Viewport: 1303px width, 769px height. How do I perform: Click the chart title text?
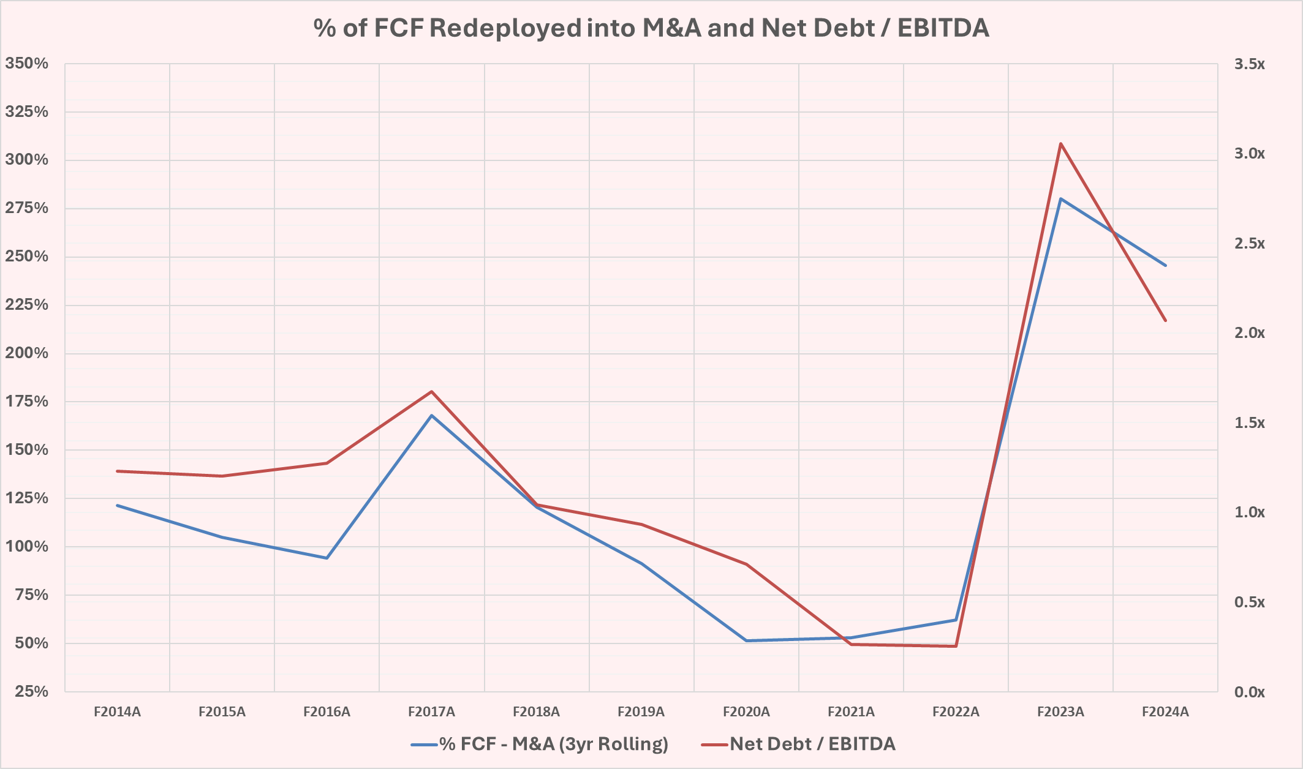651,28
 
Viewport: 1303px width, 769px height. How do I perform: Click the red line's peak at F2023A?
1060,144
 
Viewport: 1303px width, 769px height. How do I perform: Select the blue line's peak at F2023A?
1060,198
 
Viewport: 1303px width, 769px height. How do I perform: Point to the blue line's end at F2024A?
1165,266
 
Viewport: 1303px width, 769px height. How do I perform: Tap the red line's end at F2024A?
1165,320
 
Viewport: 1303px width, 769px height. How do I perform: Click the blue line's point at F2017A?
432,416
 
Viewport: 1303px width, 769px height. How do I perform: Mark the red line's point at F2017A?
432,391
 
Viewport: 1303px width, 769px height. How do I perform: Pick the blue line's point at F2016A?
327,558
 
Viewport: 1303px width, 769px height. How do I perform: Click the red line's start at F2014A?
117,471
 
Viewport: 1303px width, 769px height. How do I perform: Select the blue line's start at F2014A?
117,505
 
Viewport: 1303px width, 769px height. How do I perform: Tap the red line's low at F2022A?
956,646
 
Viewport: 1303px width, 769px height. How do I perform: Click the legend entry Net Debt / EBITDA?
812,744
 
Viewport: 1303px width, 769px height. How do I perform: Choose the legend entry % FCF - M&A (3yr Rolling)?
553,744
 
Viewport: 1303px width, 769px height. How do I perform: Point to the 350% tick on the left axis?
27,64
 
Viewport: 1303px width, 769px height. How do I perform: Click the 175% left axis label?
27,402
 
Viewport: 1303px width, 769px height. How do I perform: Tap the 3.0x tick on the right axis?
1249,154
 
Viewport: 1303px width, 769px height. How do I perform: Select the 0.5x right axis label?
1249,602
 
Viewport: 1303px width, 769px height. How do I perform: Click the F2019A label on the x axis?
641,712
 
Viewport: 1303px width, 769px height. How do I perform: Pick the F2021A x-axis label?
851,712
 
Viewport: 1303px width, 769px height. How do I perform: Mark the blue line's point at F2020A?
746,640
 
